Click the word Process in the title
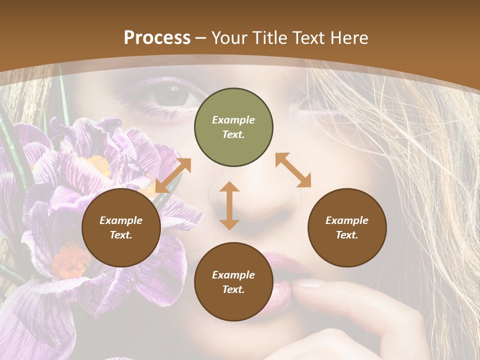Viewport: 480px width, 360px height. click(157, 38)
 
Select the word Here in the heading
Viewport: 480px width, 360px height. click(349, 38)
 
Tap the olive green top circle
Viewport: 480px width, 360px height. click(233, 127)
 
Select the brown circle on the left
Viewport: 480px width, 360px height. click(121, 228)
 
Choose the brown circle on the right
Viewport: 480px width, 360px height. click(347, 228)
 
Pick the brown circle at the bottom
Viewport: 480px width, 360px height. click(233, 282)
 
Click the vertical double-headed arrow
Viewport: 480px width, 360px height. click(229, 205)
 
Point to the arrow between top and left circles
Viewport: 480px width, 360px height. click(173, 175)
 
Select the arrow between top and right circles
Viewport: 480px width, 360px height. click(293, 170)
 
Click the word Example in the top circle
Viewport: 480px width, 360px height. click(233, 120)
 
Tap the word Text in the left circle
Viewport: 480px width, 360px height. click(121, 235)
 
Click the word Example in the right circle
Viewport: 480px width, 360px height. click(347, 220)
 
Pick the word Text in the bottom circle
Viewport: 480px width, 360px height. click(233, 289)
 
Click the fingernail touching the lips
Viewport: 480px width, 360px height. click(307, 283)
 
